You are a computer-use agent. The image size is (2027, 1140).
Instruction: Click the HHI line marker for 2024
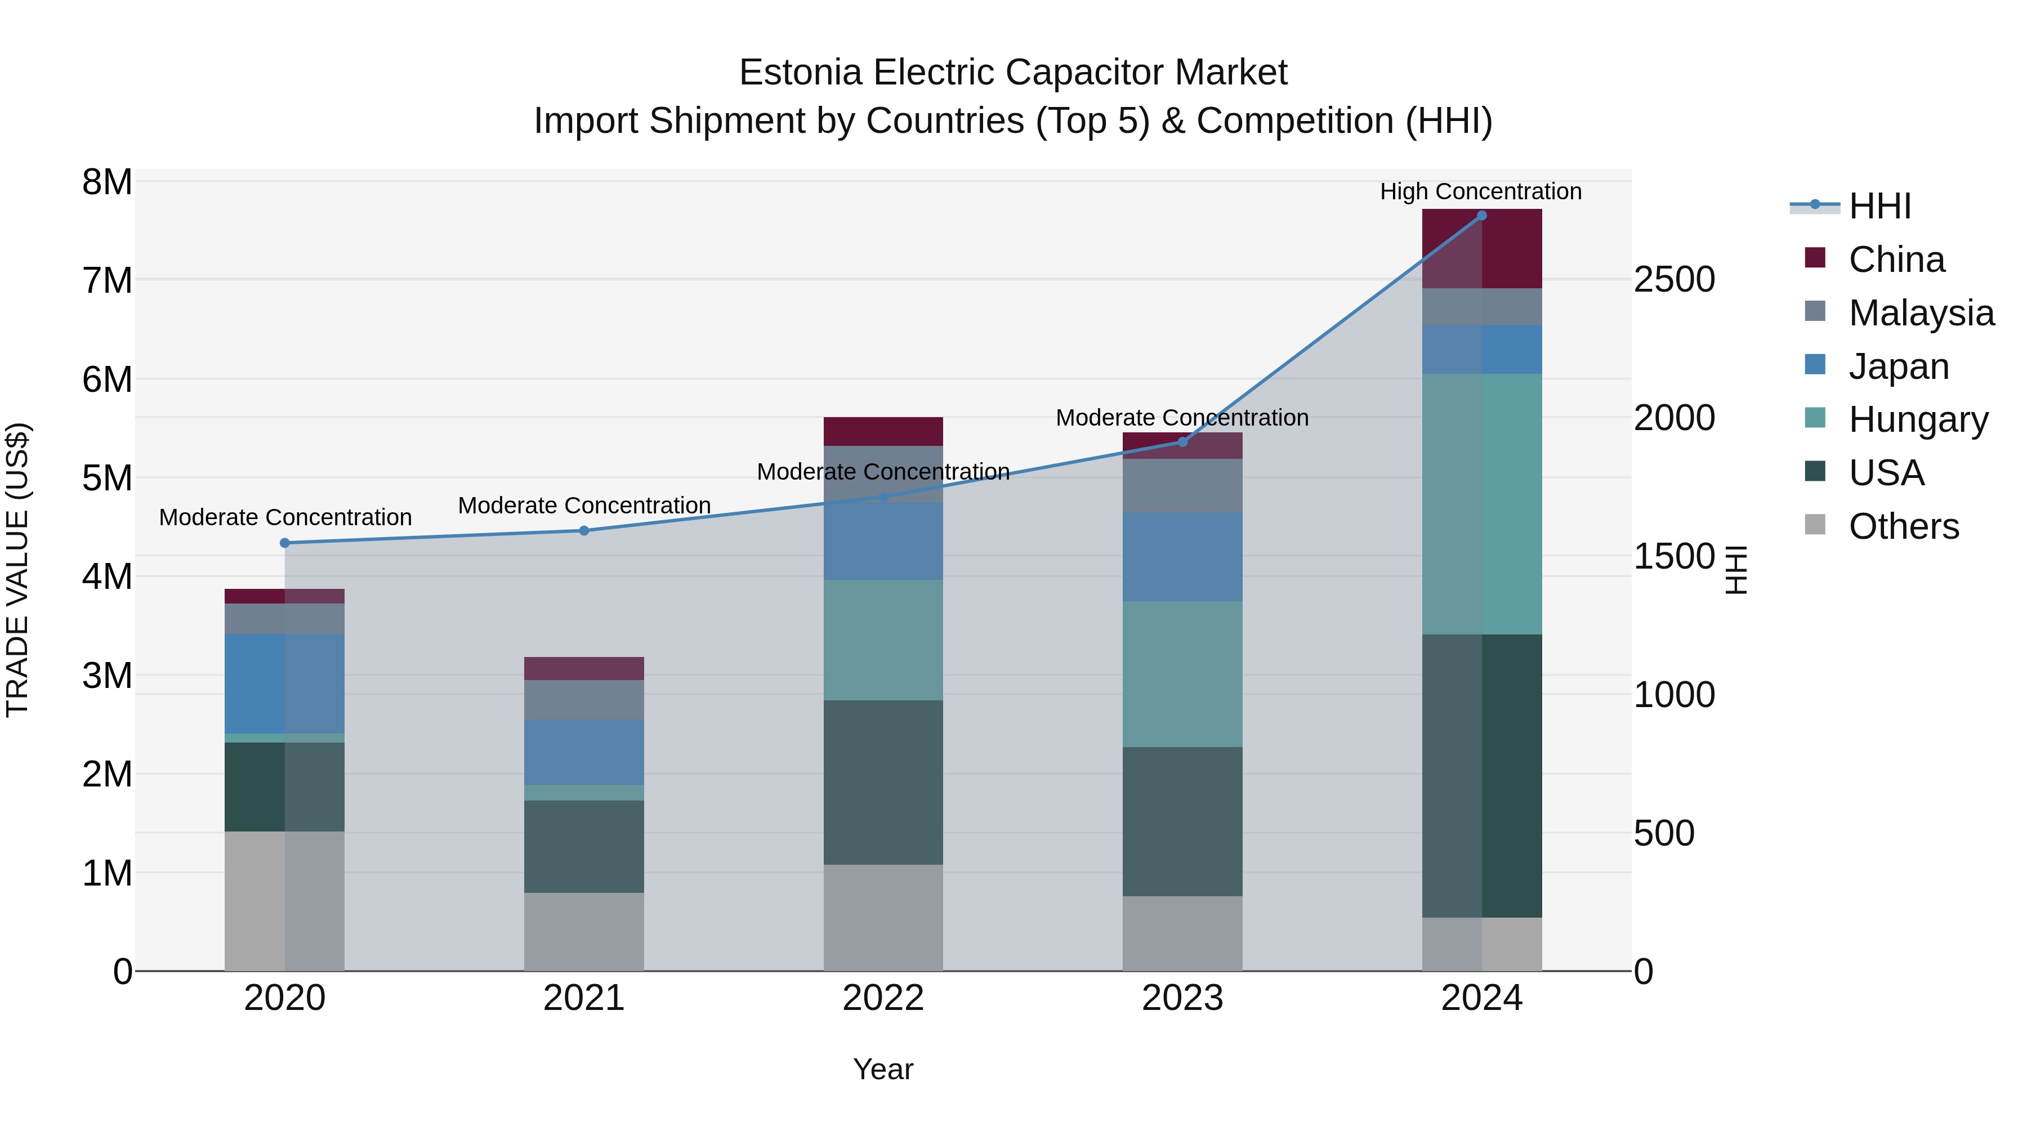pyautogui.click(x=1482, y=216)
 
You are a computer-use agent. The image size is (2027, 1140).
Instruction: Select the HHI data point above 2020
pyautogui.click(x=285, y=543)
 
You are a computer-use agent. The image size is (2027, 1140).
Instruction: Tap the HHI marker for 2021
pyautogui.click(x=584, y=531)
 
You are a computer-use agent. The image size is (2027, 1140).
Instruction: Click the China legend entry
pyautogui.click(x=1896, y=260)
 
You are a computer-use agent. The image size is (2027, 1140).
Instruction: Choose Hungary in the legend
pyautogui.click(x=1918, y=419)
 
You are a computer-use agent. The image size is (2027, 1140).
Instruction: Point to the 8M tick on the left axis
pyautogui.click(x=107, y=182)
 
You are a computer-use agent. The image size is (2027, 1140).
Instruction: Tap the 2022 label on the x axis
pyautogui.click(x=883, y=998)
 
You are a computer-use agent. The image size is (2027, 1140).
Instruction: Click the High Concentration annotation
pyautogui.click(x=1480, y=191)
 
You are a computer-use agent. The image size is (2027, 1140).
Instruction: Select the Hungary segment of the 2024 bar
pyautogui.click(x=1482, y=503)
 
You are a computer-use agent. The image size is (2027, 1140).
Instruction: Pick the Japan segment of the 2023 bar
pyautogui.click(x=1182, y=556)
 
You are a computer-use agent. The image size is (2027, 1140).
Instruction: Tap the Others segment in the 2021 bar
pyautogui.click(x=584, y=932)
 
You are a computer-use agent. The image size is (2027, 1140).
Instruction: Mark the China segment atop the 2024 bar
pyautogui.click(x=1482, y=249)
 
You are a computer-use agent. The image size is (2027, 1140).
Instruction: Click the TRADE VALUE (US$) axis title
pyautogui.click(x=17, y=570)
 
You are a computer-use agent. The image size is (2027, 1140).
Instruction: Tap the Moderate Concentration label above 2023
pyautogui.click(x=1182, y=418)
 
